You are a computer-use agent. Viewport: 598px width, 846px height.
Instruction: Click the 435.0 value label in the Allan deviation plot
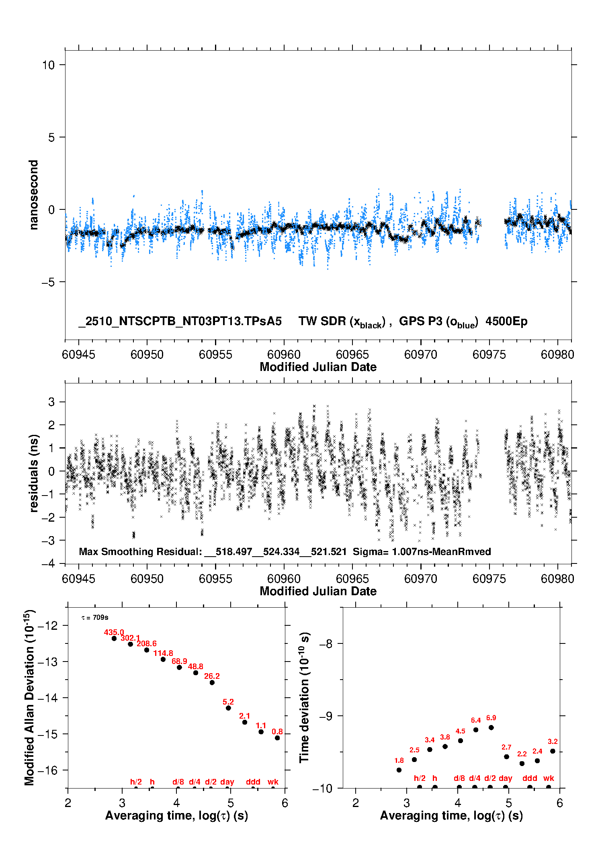[114, 632]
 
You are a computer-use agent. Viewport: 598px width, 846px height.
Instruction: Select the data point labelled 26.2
[212, 682]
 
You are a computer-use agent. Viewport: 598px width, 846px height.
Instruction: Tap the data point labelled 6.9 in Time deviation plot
[491, 727]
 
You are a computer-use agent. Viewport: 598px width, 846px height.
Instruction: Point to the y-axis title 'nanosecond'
[33, 195]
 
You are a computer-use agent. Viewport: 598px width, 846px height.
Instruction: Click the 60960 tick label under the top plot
[284, 354]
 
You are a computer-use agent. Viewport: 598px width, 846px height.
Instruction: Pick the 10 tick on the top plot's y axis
[48, 65]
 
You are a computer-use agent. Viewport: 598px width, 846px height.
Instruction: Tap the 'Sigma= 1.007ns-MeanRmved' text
[422, 551]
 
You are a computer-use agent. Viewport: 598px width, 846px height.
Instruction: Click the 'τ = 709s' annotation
[95, 617]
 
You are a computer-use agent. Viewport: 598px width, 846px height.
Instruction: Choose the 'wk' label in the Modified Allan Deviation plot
[273, 782]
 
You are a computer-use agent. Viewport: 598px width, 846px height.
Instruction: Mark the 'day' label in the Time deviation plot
[505, 778]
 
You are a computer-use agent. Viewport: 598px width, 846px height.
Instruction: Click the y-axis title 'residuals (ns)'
[34, 473]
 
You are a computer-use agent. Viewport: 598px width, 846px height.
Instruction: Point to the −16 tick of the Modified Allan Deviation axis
[47, 770]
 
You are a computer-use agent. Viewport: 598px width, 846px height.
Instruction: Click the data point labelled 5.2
[228, 708]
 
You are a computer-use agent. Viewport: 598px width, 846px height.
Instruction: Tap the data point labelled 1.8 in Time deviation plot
[399, 770]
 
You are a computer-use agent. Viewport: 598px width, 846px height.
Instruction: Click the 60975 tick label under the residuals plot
[489, 579]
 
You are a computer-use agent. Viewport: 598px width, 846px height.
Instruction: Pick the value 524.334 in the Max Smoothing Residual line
[281, 551]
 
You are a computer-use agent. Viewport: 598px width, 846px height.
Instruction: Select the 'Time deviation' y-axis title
[304, 697]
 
